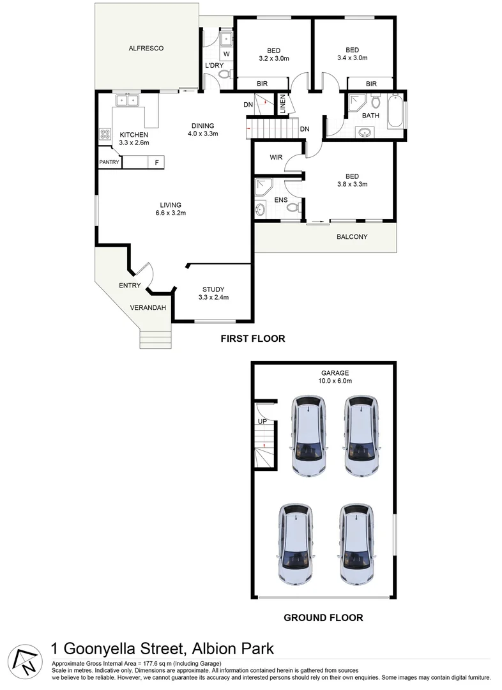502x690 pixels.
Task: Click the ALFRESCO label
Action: click(146, 48)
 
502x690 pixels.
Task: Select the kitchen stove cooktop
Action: click(104, 135)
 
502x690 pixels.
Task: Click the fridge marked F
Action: click(156, 162)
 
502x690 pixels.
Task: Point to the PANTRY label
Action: click(109, 162)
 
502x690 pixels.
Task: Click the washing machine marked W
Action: click(226, 54)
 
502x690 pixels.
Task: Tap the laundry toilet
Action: click(223, 74)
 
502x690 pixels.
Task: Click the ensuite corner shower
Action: click(262, 187)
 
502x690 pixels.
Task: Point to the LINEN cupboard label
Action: click(282, 105)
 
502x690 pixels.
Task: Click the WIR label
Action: click(276, 157)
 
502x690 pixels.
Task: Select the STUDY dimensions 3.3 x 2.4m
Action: click(214, 297)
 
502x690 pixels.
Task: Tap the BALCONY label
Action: click(352, 237)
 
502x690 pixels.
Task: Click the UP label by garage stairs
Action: click(261, 422)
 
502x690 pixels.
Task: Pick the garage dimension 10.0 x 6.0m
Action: click(335, 380)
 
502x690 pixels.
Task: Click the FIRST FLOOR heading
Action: click(252, 339)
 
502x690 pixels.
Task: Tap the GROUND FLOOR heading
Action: click(323, 617)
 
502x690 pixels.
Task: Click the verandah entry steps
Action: click(156, 339)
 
